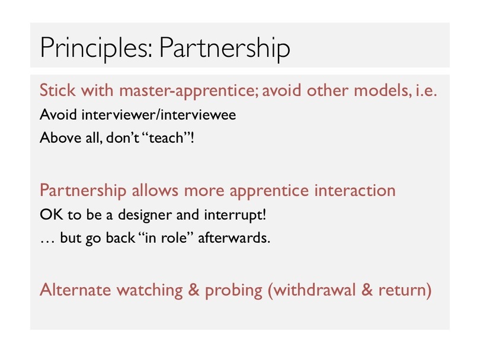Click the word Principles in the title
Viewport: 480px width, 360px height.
click(96, 48)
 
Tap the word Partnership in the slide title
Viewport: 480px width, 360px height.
click(225, 48)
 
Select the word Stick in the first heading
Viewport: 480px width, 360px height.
click(57, 90)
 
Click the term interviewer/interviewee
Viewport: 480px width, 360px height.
click(159, 115)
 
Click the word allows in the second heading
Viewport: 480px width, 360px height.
click(155, 190)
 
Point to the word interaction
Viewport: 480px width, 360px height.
click(355, 190)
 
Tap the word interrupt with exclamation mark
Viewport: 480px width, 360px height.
click(235, 215)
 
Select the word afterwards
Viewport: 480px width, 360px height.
click(234, 237)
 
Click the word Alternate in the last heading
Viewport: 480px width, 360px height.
click(75, 290)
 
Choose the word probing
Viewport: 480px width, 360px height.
click(233, 291)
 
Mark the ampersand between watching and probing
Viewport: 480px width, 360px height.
click(193, 290)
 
